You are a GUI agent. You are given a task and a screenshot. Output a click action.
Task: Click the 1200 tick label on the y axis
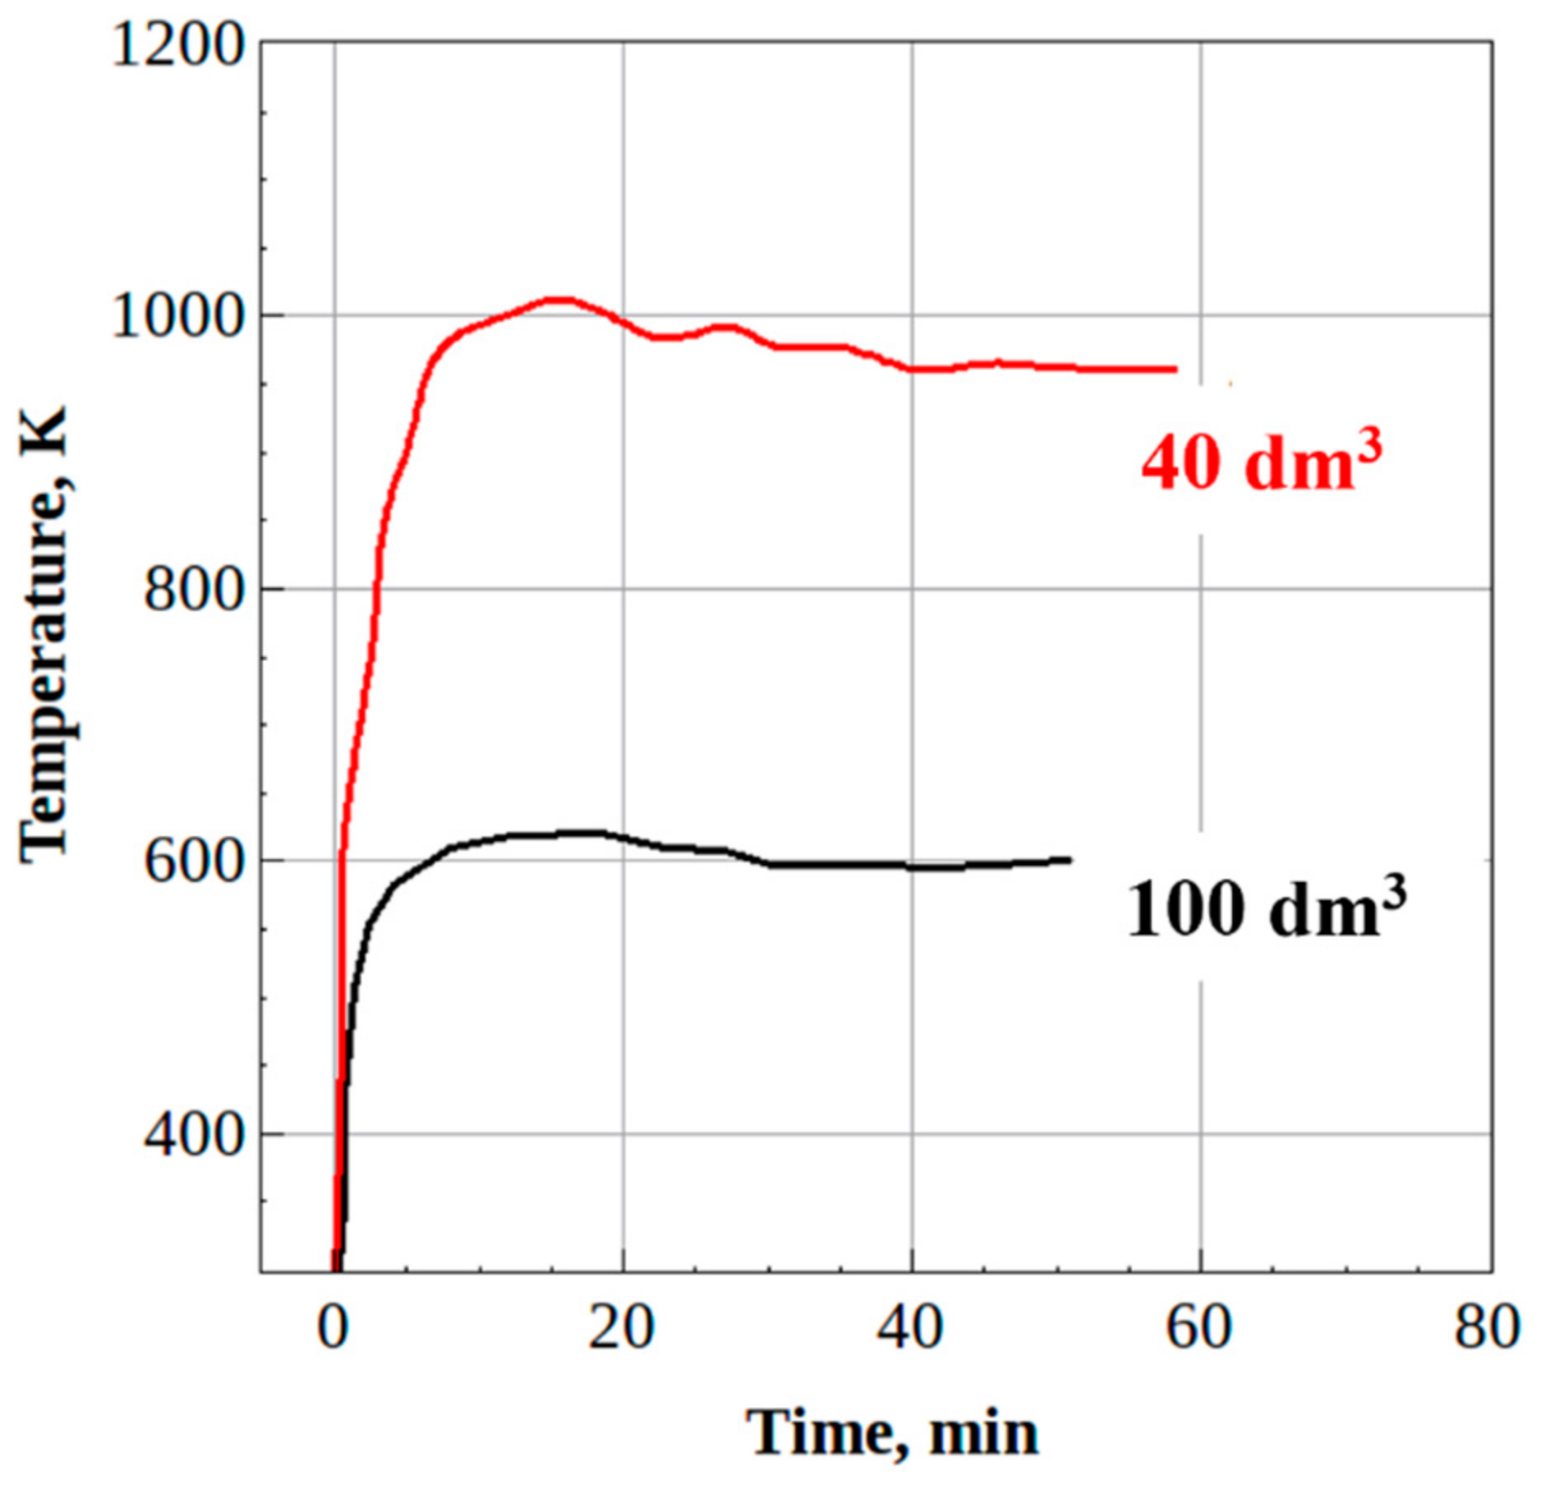[x=177, y=44]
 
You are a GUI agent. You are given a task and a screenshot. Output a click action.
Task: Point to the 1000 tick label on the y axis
[x=177, y=316]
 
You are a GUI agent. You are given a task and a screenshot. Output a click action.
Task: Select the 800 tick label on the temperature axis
[x=195, y=589]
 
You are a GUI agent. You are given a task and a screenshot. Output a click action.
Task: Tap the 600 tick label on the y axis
[x=195, y=862]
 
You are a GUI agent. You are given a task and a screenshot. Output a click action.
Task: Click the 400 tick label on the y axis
[x=195, y=1135]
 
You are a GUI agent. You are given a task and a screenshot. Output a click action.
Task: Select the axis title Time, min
[x=892, y=1431]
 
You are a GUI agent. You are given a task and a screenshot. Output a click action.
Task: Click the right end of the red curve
[x=1175, y=370]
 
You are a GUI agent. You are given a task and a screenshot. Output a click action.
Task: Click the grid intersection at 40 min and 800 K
[x=912, y=589]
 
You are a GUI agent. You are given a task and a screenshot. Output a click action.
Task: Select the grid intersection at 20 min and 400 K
[x=623, y=1134]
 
